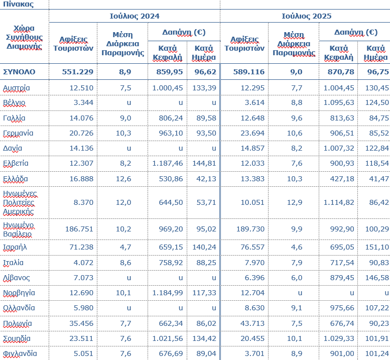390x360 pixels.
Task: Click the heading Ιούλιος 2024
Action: click(x=135, y=16)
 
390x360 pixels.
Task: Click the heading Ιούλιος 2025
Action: click(x=306, y=16)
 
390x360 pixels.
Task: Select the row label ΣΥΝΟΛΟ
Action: click(x=19, y=72)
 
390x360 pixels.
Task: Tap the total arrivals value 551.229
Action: click(x=78, y=72)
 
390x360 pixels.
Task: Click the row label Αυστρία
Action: click(x=17, y=88)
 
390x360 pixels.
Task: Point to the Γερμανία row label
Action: click(x=18, y=133)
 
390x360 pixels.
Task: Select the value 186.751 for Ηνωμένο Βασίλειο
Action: click(x=79, y=228)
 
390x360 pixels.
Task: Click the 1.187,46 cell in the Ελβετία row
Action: click(x=168, y=163)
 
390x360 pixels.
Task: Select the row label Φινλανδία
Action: click(x=20, y=353)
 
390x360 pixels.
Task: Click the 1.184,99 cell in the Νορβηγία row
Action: click(x=168, y=293)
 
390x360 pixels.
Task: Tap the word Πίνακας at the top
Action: click(x=18, y=4)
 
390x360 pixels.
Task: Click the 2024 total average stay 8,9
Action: click(x=124, y=72)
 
